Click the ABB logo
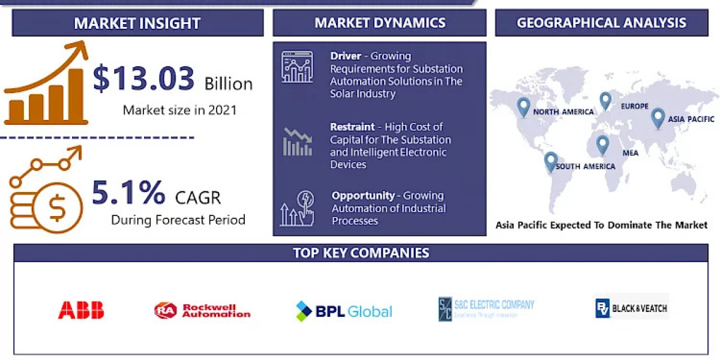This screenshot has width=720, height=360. click(81, 310)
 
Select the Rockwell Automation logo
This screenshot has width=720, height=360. click(202, 310)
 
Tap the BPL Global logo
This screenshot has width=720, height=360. click(344, 311)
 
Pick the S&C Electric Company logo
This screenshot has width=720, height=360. click(486, 308)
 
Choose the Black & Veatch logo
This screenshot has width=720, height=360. click(631, 309)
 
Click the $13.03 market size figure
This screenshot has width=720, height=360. click(144, 79)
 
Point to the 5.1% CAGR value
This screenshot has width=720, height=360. click(128, 193)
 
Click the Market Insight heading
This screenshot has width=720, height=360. click(137, 23)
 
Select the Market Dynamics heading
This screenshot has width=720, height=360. click(380, 23)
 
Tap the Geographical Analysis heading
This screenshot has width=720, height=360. click(601, 23)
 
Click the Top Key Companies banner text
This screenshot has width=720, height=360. click(361, 253)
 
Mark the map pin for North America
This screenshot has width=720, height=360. click(523, 107)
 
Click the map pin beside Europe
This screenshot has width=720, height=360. click(605, 100)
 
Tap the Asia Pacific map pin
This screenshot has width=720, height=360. click(658, 117)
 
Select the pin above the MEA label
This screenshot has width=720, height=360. click(602, 144)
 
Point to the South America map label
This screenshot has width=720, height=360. click(585, 166)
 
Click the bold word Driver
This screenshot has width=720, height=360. click(345, 56)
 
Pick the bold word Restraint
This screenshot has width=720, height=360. click(352, 127)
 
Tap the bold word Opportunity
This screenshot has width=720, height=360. click(363, 196)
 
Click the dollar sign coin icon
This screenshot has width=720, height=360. click(57, 208)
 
